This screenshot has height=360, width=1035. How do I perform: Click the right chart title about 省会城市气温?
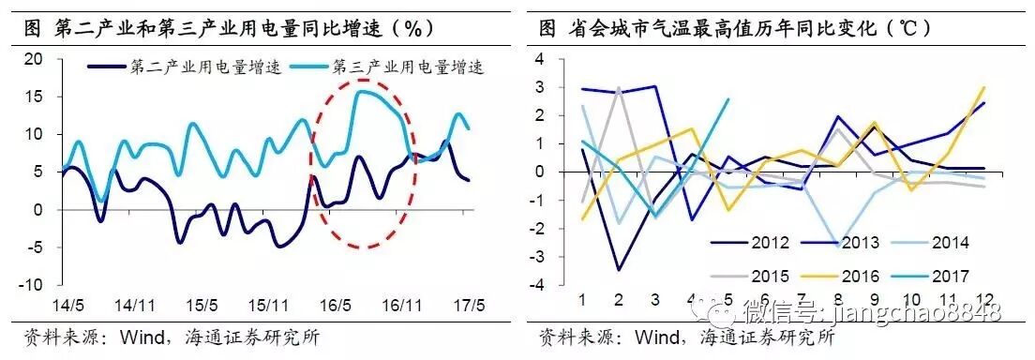click(741, 27)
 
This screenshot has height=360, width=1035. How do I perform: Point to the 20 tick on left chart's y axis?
click(33, 59)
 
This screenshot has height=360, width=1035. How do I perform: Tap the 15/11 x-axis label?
click(269, 306)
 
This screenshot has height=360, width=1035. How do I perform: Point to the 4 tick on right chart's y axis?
click(538, 59)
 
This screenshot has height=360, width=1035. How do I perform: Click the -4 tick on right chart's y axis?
click(535, 285)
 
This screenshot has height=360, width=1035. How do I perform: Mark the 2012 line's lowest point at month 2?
click(618, 270)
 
